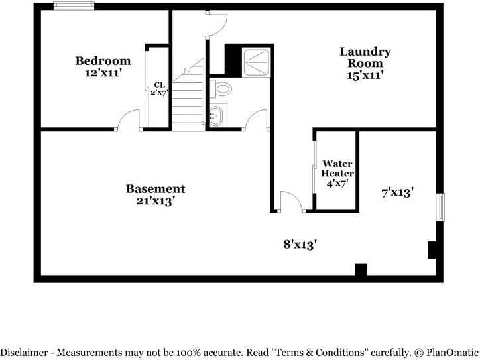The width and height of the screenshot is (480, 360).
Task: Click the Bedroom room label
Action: (102, 61)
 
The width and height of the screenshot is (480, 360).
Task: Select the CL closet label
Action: (159, 84)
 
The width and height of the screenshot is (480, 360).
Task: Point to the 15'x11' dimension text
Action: (365, 76)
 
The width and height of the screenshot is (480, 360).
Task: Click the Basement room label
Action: (155, 189)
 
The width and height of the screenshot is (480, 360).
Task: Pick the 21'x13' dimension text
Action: (155, 201)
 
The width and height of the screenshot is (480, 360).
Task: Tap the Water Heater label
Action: (337, 168)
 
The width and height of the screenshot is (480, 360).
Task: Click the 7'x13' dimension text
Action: (398, 192)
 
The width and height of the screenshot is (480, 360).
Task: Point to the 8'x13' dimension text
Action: (300, 244)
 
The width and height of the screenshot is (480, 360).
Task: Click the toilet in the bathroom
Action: (222, 88)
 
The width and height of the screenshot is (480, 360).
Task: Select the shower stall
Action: (255, 61)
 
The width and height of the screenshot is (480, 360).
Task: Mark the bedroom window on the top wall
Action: (74, 7)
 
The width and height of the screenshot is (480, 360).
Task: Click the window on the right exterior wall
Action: (440, 207)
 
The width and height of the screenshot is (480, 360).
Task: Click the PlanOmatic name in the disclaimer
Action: (452, 353)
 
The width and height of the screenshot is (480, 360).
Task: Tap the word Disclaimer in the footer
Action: (25, 353)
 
